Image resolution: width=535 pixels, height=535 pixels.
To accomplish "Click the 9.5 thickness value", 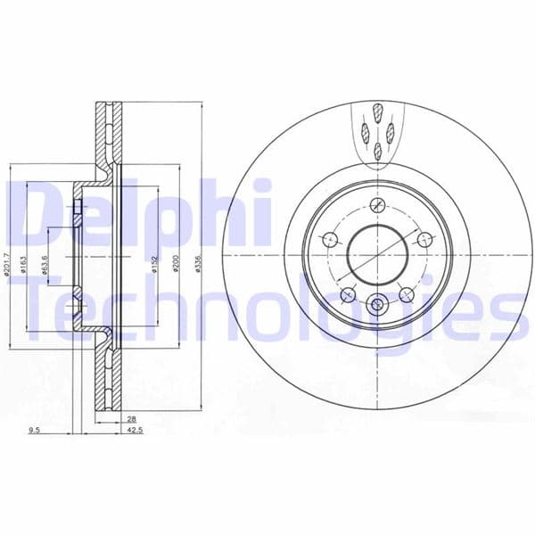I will coord(35,431).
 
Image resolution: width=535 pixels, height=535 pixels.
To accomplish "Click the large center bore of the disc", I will coord(376,254).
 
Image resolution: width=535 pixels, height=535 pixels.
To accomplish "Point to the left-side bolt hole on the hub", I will coord(328,239).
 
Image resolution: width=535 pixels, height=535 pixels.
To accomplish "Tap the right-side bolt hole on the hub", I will coord(424,239).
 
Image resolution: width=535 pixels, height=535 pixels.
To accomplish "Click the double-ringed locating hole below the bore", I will coord(377,305).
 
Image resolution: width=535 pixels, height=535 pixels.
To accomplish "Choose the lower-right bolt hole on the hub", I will coord(407,294).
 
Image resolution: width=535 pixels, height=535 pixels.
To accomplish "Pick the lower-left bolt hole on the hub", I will coord(347,294).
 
